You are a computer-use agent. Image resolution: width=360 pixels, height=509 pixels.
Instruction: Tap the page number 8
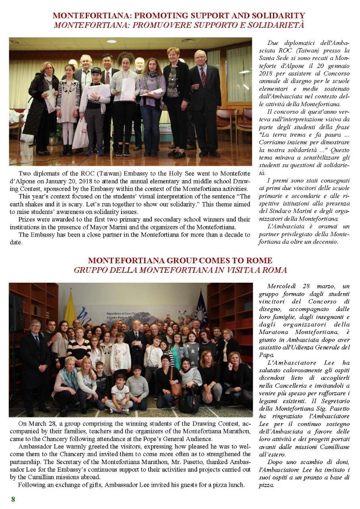pyautogui.click(x=13, y=499)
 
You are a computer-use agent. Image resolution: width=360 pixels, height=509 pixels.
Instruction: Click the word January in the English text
pyautogui.click(x=81, y=181)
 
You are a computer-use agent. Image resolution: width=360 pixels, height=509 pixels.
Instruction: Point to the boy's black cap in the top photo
pyautogui.click(x=96, y=70)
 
